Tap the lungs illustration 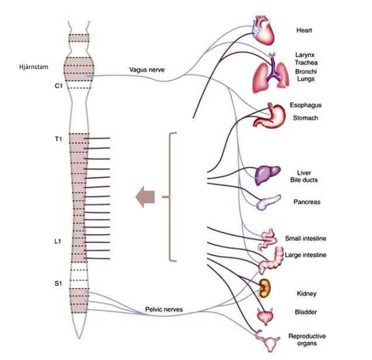tap(272, 74)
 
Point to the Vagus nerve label tap(147, 70)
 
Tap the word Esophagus tap(306, 105)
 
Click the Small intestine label tap(305, 238)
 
